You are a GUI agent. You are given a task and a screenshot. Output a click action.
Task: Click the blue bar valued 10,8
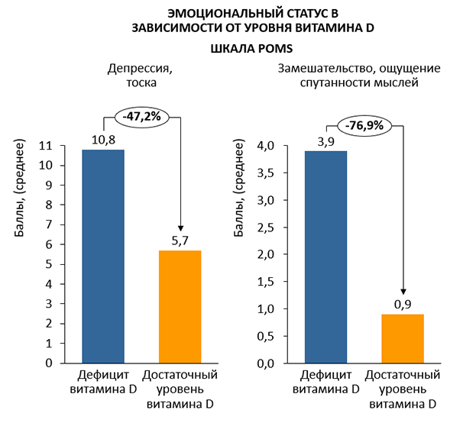(102, 256)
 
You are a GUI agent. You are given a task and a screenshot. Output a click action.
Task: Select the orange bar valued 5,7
(180, 306)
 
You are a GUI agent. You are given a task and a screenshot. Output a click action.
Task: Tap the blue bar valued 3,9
(325, 257)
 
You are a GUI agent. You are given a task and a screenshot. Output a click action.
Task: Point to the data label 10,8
(102, 141)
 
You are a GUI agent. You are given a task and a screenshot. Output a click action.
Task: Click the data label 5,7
(180, 242)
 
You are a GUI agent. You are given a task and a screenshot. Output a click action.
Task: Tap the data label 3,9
(325, 143)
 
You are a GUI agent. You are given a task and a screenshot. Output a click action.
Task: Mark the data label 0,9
(402, 305)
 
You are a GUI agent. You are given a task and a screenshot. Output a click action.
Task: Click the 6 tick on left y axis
(70, 244)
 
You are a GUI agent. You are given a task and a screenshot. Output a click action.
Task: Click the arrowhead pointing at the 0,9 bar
(403, 290)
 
